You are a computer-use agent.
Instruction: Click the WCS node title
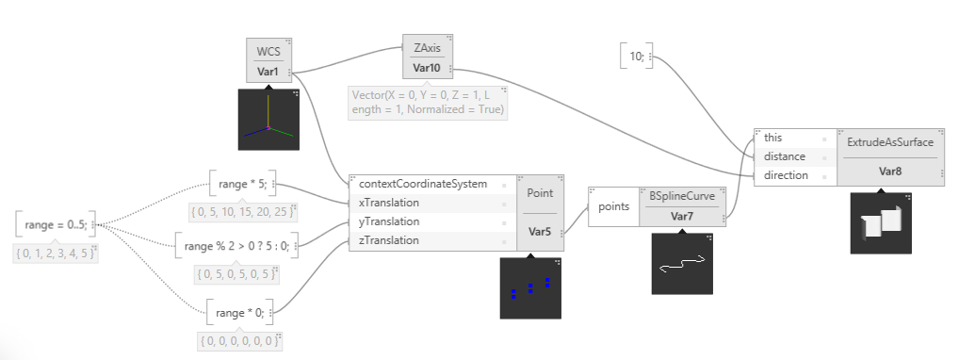268,51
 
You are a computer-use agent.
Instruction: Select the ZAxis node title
427,47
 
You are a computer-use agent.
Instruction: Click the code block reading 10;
637,57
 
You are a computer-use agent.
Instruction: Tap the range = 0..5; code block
56,224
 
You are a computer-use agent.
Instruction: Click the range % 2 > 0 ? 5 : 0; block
236,246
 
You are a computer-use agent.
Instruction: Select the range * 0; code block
240,313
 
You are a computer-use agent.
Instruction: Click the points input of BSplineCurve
613,206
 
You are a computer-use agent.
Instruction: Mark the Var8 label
890,172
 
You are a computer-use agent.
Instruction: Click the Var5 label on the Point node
540,232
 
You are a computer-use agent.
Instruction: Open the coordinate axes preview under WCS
268,120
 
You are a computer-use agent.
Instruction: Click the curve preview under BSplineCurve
682,263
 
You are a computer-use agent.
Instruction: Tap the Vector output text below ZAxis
428,102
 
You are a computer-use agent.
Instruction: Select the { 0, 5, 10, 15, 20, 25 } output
243,212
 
